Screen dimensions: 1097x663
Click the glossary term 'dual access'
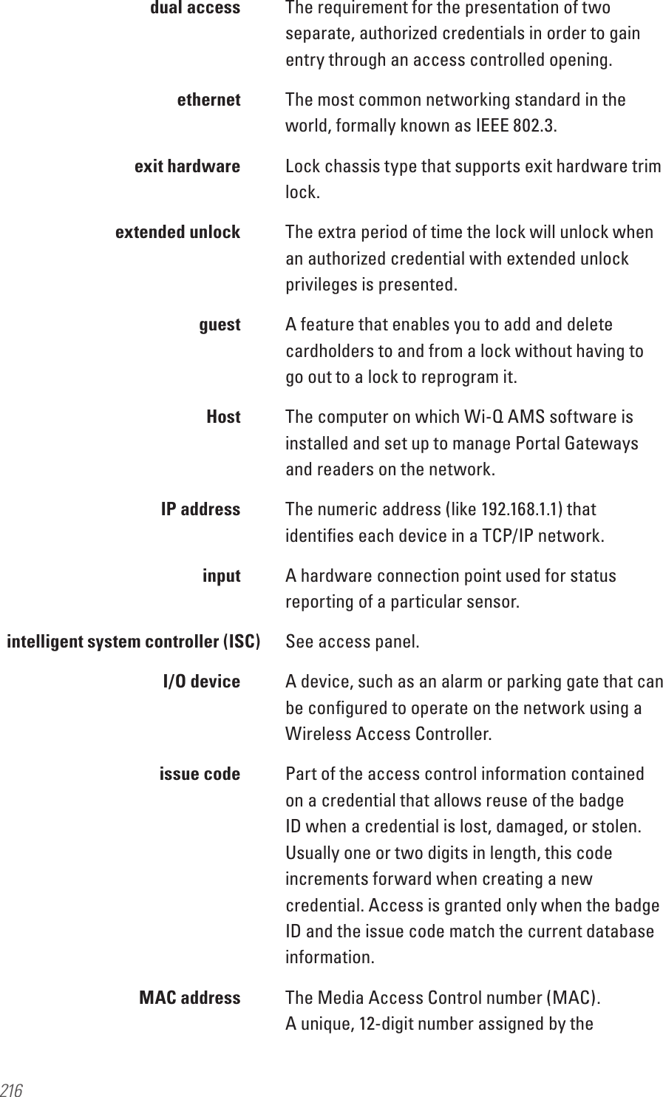tap(195, 8)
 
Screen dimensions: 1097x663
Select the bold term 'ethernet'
tap(209, 100)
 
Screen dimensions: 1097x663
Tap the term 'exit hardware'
tap(187, 166)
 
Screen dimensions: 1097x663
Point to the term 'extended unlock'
tap(178, 232)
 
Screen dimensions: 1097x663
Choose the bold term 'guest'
tap(220, 325)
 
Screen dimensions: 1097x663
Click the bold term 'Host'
tap(223, 417)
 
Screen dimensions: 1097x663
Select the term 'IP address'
tap(200, 509)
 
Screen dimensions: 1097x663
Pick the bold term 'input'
tap(222, 576)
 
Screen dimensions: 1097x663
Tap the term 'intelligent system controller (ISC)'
tap(133, 642)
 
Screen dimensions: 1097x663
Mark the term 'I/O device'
tap(201, 682)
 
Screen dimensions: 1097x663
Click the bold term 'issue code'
tap(200, 774)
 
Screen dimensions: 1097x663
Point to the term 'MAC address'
tap(190, 998)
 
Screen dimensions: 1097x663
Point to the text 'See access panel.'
tap(352, 642)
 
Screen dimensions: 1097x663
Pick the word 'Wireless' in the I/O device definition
tap(319, 735)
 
